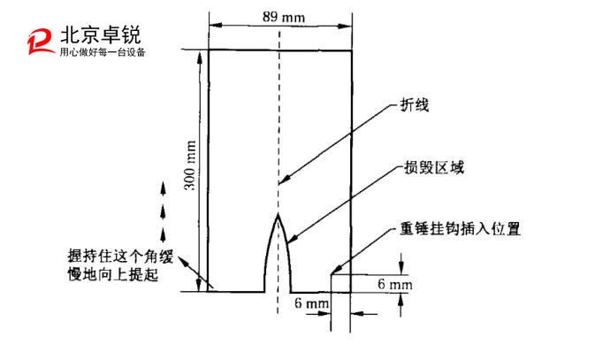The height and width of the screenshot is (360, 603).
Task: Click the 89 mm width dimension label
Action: (x=279, y=15)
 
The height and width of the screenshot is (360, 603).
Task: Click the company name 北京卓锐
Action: (x=99, y=34)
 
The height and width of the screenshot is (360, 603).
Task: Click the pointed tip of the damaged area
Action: (x=279, y=214)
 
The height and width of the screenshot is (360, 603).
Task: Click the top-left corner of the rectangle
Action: (x=209, y=50)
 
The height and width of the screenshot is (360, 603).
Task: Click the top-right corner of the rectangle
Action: (x=353, y=50)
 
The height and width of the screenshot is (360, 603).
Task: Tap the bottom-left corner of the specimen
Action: (x=209, y=290)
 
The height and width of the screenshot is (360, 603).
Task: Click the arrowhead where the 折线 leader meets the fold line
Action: (x=282, y=183)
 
